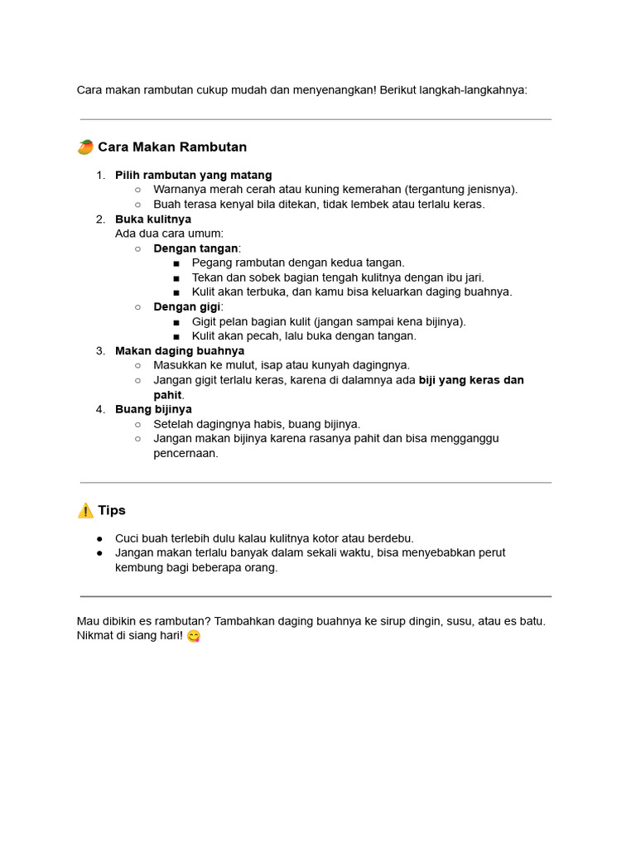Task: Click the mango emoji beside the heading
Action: [85, 147]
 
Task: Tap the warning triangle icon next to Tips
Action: [85, 511]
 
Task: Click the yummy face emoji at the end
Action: [194, 636]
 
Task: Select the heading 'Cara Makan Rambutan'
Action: [172, 147]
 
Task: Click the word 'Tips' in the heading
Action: [112, 511]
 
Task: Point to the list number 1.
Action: [100, 176]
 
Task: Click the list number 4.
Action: [100, 409]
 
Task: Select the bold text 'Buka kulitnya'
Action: [153, 219]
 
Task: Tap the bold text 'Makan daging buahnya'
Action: [180, 351]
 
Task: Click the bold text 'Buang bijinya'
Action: [153, 409]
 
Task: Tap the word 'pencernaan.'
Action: [186, 453]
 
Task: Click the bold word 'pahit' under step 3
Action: [167, 395]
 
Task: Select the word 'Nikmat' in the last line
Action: [95, 635]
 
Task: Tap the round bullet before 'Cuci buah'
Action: [99, 538]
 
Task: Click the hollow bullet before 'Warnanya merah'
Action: [137, 190]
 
